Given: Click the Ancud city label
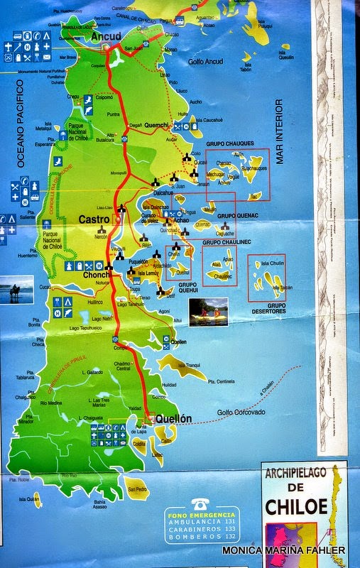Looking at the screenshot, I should click(106, 36).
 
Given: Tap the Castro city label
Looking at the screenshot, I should click(94, 219).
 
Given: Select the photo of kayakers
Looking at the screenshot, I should click(208, 311).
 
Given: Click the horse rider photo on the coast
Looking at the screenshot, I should click(16, 290).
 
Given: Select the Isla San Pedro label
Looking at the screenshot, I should click(137, 489).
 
